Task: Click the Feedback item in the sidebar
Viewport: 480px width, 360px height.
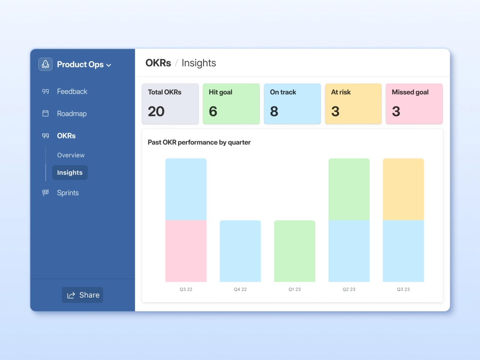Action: [x=72, y=92]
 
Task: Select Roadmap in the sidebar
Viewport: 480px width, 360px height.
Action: [x=71, y=114]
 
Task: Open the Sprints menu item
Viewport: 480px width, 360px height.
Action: [x=68, y=193]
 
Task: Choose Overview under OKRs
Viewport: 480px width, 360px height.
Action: [x=71, y=155]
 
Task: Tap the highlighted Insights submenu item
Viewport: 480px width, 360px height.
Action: [x=70, y=172]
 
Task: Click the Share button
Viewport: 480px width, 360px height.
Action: [x=83, y=295]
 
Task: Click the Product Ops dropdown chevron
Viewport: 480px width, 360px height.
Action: [x=109, y=65]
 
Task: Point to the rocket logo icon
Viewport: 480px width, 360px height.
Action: [x=45, y=64]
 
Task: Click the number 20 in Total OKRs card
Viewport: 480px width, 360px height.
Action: [x=156, y=111]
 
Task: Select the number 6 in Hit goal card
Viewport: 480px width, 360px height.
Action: [x=213, y=111]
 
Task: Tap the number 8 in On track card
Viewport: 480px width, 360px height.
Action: [x=274, y=111]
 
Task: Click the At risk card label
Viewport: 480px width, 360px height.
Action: [x=341, y=92]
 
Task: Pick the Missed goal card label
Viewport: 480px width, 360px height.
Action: [x=410, y=92]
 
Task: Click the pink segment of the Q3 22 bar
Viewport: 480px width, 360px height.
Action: [x=186, y=251]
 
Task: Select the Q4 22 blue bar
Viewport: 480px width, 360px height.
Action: [x=240, y=251]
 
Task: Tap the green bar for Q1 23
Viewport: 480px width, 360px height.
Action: [x=295, y=251]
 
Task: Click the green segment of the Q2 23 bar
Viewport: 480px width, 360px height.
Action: [x=349, y=189]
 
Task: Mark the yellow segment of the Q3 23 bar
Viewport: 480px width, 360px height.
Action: [x=403, y=189]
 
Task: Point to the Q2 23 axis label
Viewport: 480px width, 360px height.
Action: [x=349, y=289]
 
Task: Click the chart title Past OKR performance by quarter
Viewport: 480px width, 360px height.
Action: [x=199, y=142]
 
